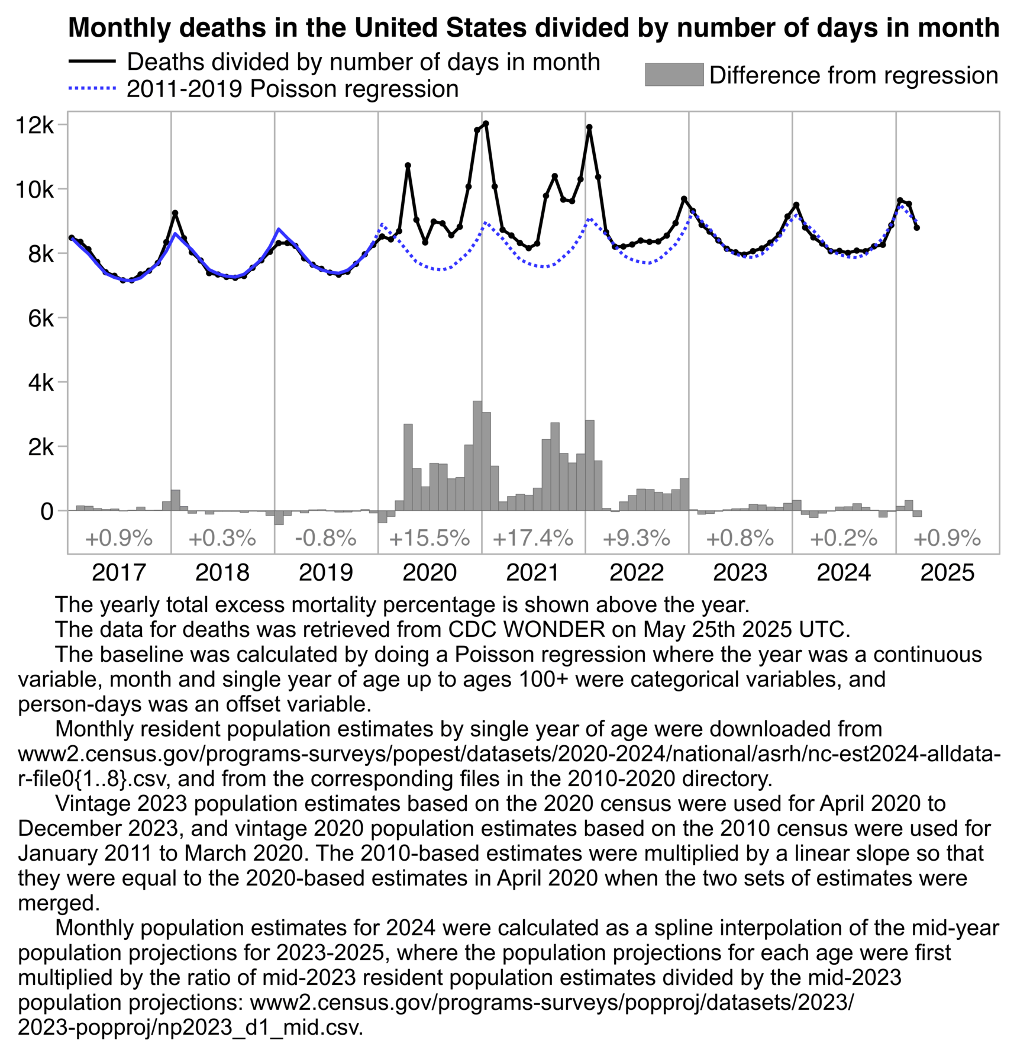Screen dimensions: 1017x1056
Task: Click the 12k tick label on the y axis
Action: pos(35,125)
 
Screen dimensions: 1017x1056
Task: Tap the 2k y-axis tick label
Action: pos(41,447)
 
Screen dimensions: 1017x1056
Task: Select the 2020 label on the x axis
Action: pos(430,572)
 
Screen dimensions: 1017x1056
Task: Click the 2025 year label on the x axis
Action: pos(947,572)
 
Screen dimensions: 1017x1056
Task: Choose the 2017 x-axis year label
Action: pos(119,572)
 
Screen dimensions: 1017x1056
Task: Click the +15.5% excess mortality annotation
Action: pos(430,539)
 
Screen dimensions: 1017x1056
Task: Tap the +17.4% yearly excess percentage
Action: pos(533,539)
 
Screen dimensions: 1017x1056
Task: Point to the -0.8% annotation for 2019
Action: pos(326,539)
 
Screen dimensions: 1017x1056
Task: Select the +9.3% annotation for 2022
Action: pos(637,539)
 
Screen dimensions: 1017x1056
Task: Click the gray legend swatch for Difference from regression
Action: pos(674,75)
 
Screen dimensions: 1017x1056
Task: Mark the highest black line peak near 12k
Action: pos(486,124)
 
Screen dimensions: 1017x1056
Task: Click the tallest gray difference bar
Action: pos(477,456)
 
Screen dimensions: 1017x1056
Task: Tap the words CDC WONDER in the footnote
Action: pos(527,629)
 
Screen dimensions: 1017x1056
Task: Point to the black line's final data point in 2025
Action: pos(916,228)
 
